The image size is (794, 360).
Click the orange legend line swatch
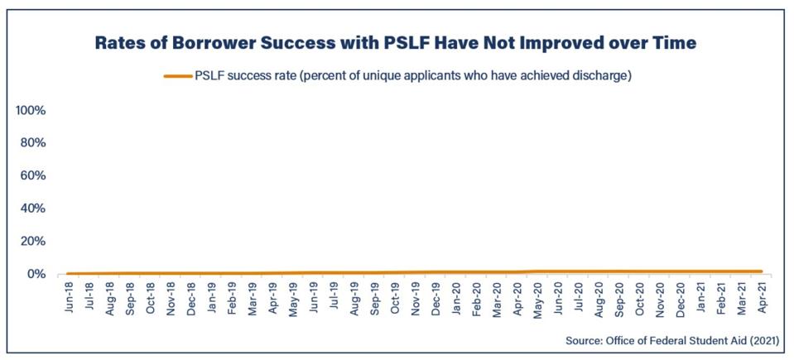pos(177,76)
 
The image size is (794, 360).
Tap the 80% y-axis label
pos(35,143)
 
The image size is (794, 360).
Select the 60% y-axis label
pos(35,175)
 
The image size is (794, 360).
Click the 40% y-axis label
pos(35,209)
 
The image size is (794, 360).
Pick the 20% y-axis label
pos(35,242)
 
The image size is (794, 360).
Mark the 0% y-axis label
pos(38,274)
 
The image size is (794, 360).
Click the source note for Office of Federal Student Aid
pos(674,341)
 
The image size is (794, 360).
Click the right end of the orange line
pos(760,271)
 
